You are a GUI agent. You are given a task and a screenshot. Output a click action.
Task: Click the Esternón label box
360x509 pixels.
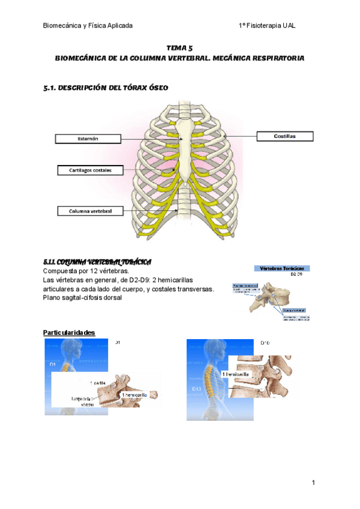(x=88, y=139)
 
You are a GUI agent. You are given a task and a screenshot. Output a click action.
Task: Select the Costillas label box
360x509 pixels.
(x=286, y=136)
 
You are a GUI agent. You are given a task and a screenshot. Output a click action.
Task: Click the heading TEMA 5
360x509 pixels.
(x=179, y=47)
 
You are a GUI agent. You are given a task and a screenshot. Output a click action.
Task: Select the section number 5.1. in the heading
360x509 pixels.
(x=52, y=88)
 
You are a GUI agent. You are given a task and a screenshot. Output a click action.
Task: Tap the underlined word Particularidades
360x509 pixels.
(x=69, y=333)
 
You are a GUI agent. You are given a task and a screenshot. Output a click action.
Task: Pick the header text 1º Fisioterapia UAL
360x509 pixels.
(x=267, y=26)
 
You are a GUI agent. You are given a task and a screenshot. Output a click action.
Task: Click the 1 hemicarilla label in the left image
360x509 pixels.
(x=135, y=396)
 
